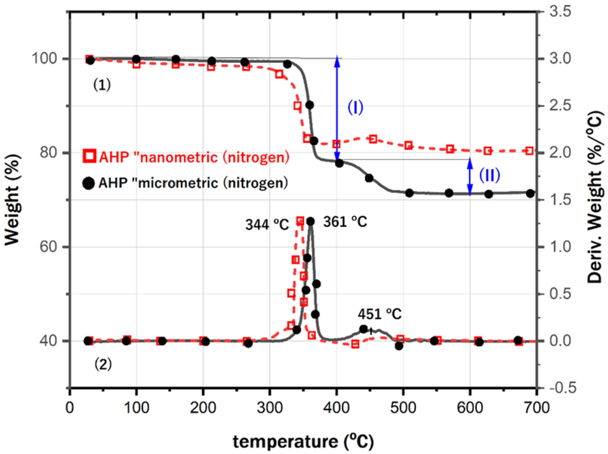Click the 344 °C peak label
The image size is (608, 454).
tap(267, 225)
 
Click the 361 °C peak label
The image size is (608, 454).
tap(345, 222)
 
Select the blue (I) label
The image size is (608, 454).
tap(356, 107)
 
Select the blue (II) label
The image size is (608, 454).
tap(489, 175)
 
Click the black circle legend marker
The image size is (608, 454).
tap(88, 183)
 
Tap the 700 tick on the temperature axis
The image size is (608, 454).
tap(537, 408)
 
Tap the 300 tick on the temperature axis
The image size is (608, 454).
tap(270, 408)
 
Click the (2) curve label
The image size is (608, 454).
tap(103, 365)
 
